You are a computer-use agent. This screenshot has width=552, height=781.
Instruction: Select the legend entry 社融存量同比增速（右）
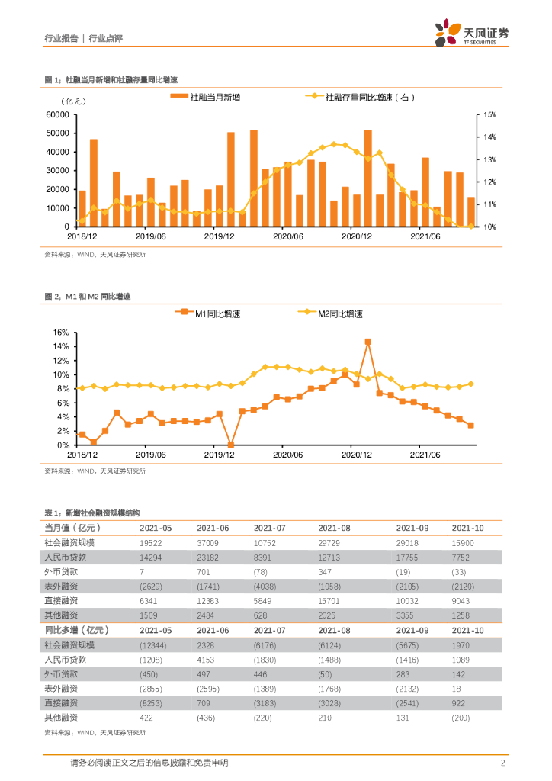pyautogui.click(x=364, y=97)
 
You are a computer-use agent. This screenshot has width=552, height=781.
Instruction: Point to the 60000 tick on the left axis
pyautogui.click(x=58, y=115)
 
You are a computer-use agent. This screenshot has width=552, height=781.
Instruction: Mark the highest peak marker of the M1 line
pyautogui.click(x=367, y=342)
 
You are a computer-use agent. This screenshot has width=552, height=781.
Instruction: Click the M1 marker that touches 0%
pyautogui.click(x=231, y=445)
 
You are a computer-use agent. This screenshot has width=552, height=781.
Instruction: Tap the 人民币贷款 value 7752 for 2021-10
pyautogui.click(x=463, y=557)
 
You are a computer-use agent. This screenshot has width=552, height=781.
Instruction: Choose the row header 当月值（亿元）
pyautogui.click(x=72, y=528)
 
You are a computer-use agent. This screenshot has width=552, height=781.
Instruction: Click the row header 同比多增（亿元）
pyautogui.click(x=77, y=630)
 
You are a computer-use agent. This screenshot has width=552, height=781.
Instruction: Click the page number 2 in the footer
pyautogui.click(x=502, y=763)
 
